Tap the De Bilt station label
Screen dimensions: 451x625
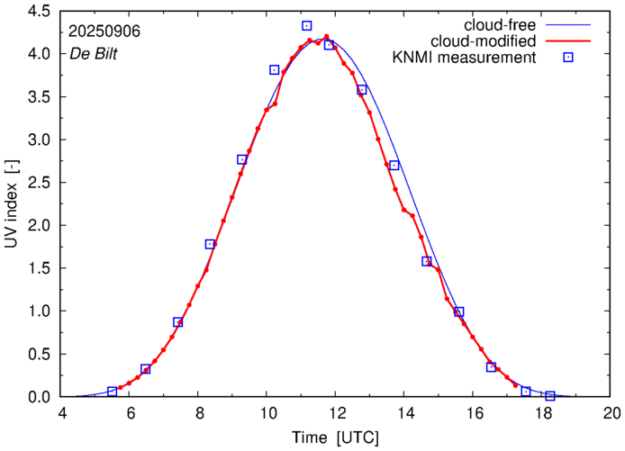[92, 53]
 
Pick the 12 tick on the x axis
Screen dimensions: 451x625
[337, 413]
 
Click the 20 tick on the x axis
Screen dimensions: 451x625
[611, 413]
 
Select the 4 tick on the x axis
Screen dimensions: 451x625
[62, 413]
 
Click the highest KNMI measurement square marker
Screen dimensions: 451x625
[307, 26]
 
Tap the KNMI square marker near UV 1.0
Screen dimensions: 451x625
[459, 311]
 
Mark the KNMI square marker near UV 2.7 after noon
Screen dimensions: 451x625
[394, 166]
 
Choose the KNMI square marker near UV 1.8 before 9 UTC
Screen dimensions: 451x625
[210, 244]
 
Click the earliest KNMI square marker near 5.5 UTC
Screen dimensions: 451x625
[113, 392]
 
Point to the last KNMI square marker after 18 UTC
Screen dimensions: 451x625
[550, 396]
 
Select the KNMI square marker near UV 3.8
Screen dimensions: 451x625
[275, 69]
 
